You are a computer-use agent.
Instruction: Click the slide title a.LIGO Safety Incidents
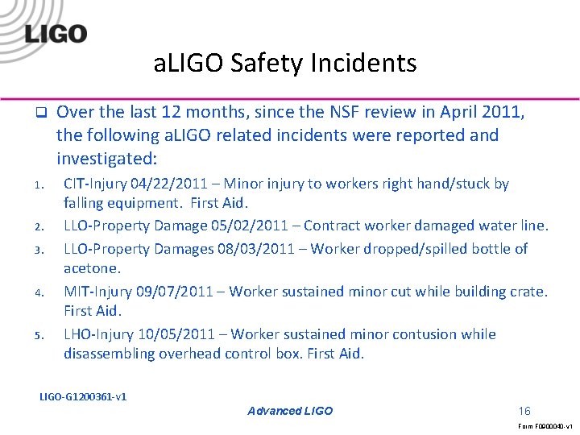coord(285,63)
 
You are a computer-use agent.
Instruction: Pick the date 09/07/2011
coord(173,291)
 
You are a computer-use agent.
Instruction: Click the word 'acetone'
coord(91,268)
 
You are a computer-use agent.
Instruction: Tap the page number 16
coord(524,411)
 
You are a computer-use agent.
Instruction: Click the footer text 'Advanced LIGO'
coord(290,411)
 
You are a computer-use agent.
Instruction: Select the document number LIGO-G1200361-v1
coord(83,396)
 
